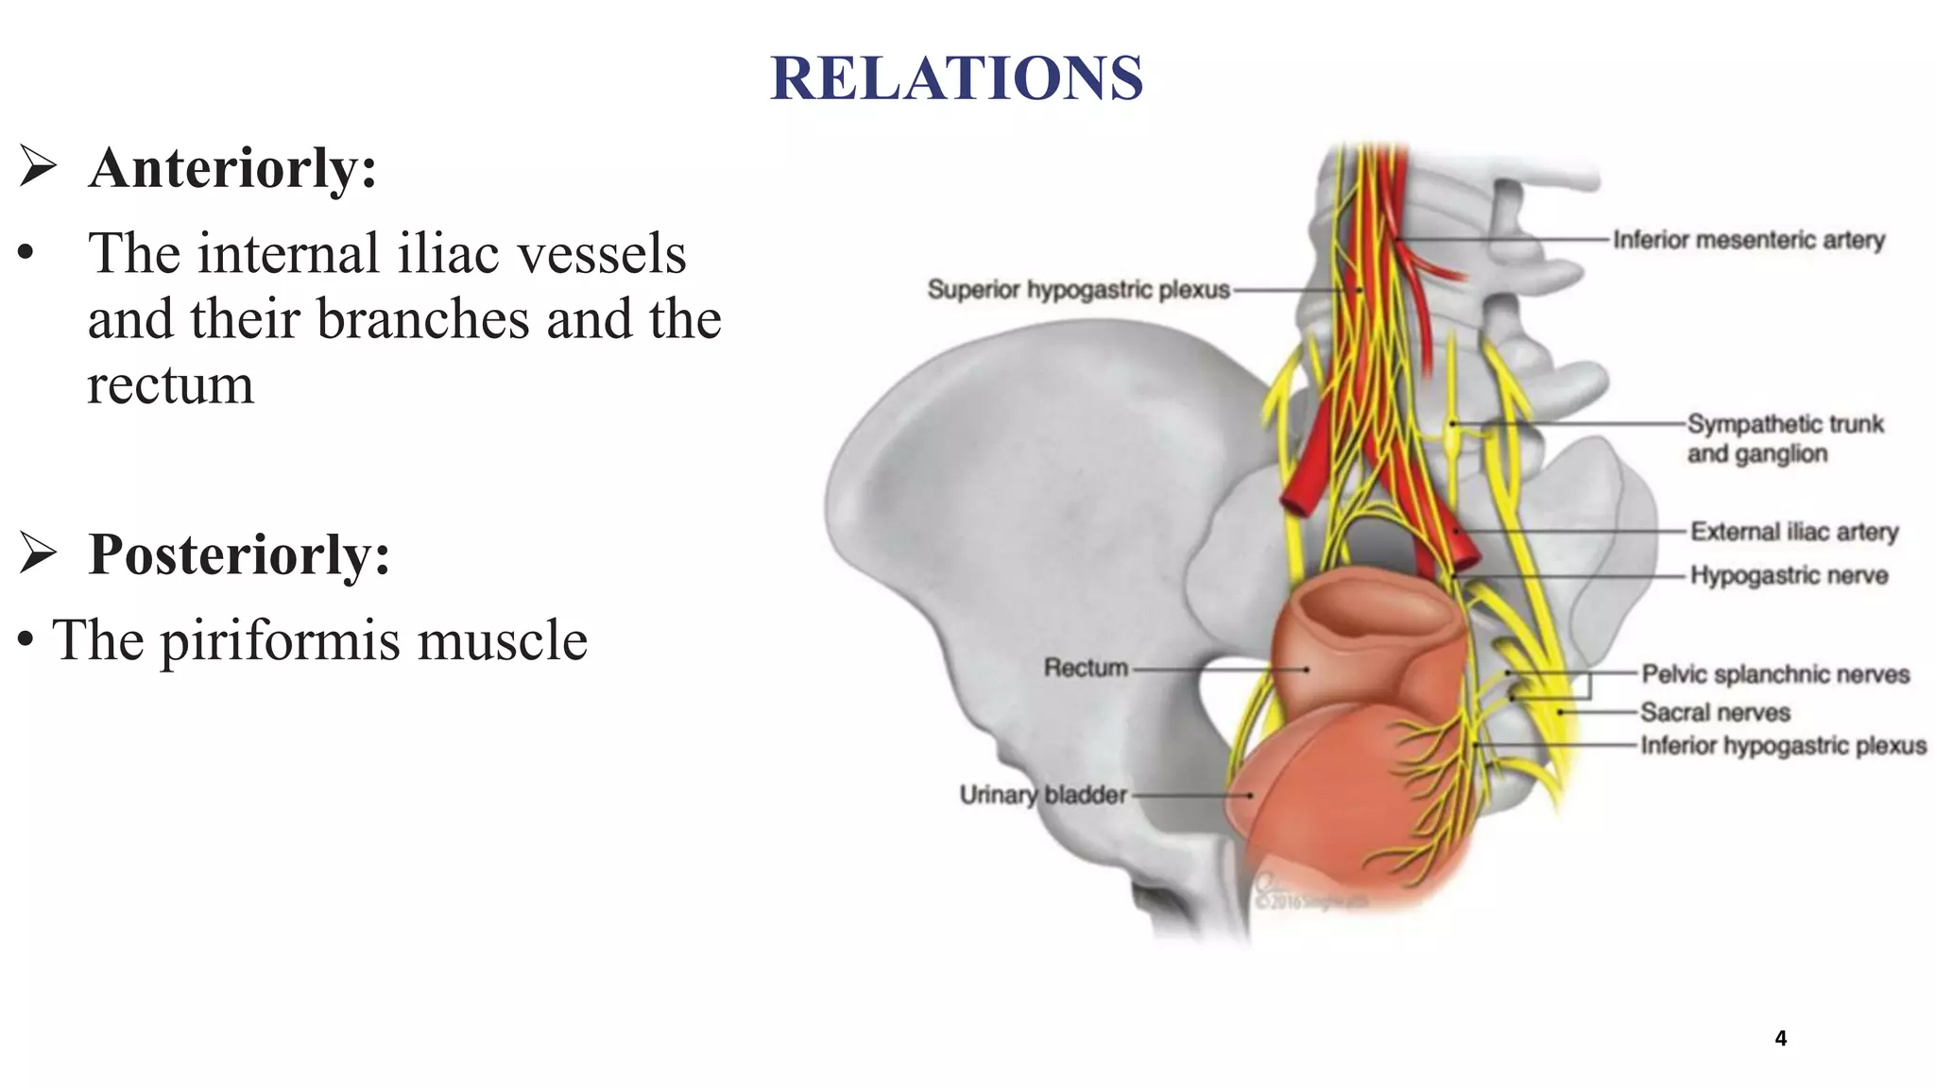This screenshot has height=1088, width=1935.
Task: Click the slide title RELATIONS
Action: coord(956,77)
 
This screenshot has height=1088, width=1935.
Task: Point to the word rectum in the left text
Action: coord(171,385)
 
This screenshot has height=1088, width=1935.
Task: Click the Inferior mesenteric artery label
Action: coord(1748,240)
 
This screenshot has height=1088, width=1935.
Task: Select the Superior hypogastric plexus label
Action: coord(1078,289)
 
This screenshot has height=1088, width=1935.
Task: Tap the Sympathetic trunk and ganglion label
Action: coord(1784,438)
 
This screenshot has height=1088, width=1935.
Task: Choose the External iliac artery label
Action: coord(1793,532)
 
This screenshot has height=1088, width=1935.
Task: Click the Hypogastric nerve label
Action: coord(1789,575)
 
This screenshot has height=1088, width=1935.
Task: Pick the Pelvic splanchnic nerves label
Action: coord(1775,674)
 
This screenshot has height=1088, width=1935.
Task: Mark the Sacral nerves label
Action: coord(1715,712)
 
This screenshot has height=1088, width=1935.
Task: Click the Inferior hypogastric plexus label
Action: coord(1783,746)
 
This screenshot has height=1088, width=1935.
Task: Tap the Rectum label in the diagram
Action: coord(1086,668)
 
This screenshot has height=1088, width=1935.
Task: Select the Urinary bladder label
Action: coord(1043,795)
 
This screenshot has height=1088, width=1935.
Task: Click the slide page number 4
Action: coord(1780,1039)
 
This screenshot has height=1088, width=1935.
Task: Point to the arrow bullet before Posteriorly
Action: coord(38,552)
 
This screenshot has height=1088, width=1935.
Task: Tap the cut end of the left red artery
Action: coord(1295,501)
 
